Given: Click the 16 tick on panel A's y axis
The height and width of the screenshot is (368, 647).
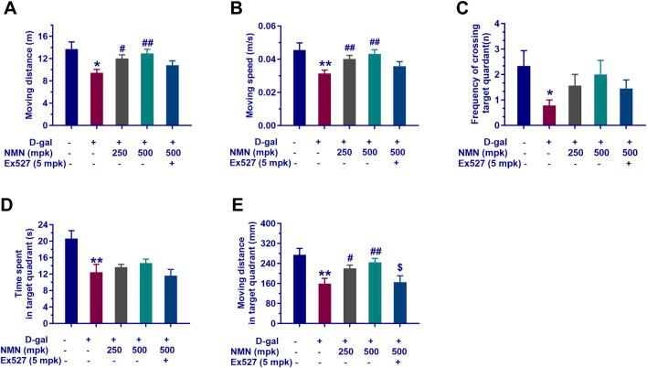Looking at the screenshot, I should [x=46, y=26].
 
